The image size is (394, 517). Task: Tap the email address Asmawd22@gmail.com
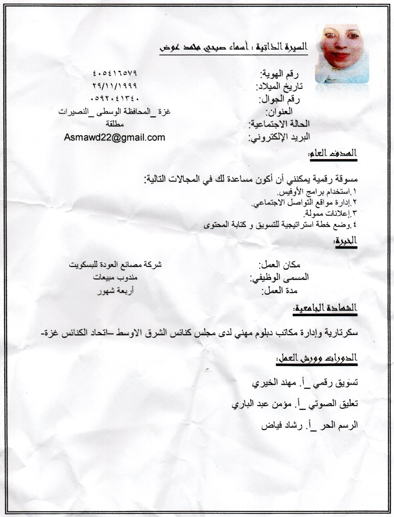coord(115,137)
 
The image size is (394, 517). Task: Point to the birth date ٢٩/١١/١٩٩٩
coord(115,86)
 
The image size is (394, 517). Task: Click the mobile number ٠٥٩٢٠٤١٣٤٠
coord(115,98)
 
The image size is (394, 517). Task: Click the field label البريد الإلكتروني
coord(279,137)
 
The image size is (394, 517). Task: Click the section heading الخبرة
coord(346,241)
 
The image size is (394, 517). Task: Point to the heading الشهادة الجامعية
coord(325,309)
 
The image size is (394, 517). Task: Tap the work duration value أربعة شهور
coord(115,291)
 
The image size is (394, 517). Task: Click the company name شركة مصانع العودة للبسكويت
coord(115,265)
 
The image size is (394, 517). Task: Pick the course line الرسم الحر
coord(310,426)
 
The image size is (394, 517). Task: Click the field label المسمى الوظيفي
coord(279,278)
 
